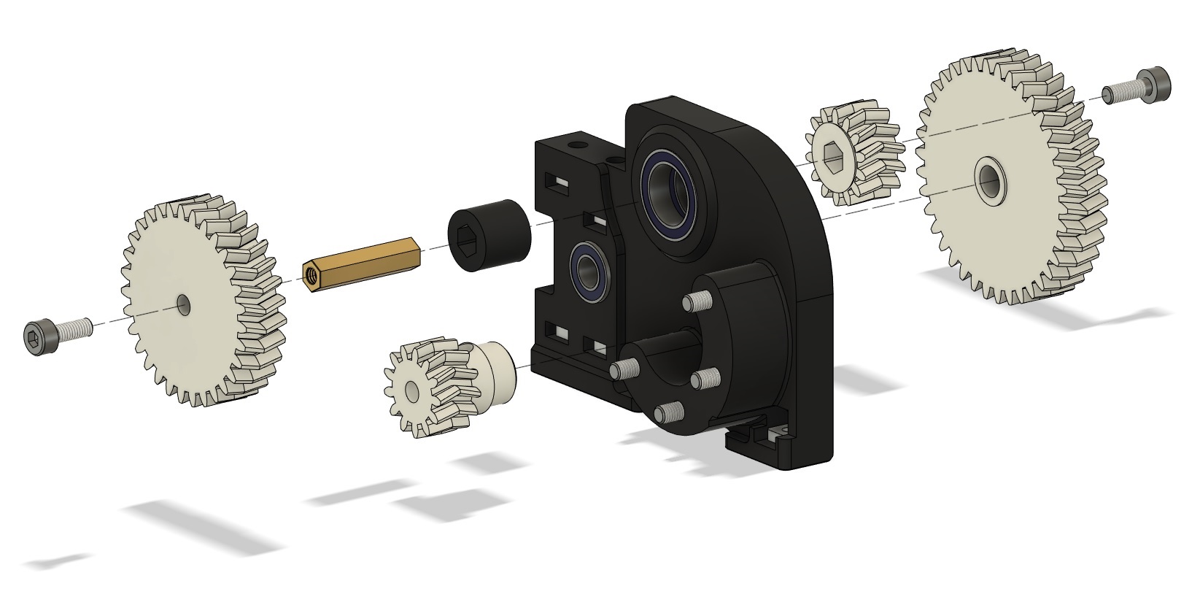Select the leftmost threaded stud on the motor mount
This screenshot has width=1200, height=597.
[x=626, y=369]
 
